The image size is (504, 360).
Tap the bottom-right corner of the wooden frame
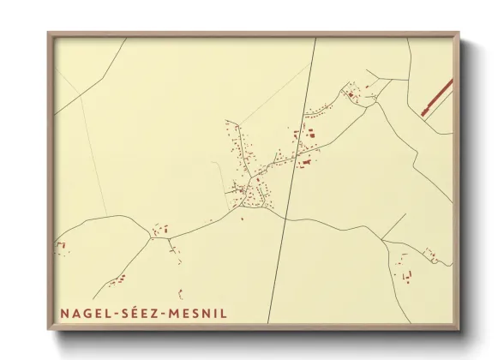458,328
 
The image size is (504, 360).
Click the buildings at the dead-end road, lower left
117,280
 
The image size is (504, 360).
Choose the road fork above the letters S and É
151,237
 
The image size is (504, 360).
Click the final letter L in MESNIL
225,314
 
